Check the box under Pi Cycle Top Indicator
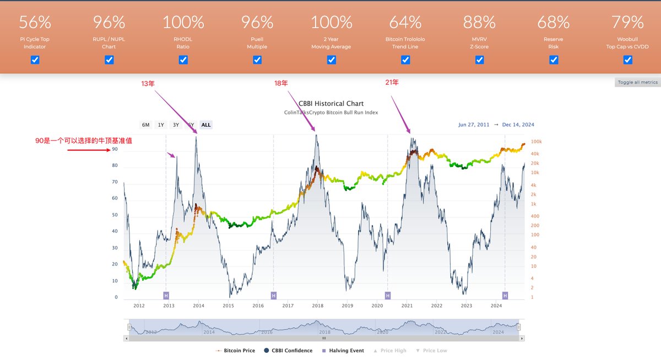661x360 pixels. [35, 59]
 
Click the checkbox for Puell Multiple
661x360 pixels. [257, 59]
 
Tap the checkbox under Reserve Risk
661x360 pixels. [554, 59]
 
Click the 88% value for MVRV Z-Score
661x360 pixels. [479, 23]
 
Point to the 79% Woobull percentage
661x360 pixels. [627, 23]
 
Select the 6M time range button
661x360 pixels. [146, 125]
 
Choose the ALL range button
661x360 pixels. [206, 125]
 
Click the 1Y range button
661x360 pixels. [161, 125]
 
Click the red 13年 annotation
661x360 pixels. [148, 83]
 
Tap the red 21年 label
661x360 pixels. [392, 82]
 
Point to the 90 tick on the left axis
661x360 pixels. [115, 149]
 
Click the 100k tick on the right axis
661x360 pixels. [535, 141]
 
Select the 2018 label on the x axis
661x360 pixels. [317, 306]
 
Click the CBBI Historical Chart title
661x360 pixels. [331, 103]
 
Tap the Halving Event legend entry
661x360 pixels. [343, 351]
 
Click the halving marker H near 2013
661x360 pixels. [166, 296]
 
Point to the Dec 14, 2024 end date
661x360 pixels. [518, 125]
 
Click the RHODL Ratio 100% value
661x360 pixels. [183, 23]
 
